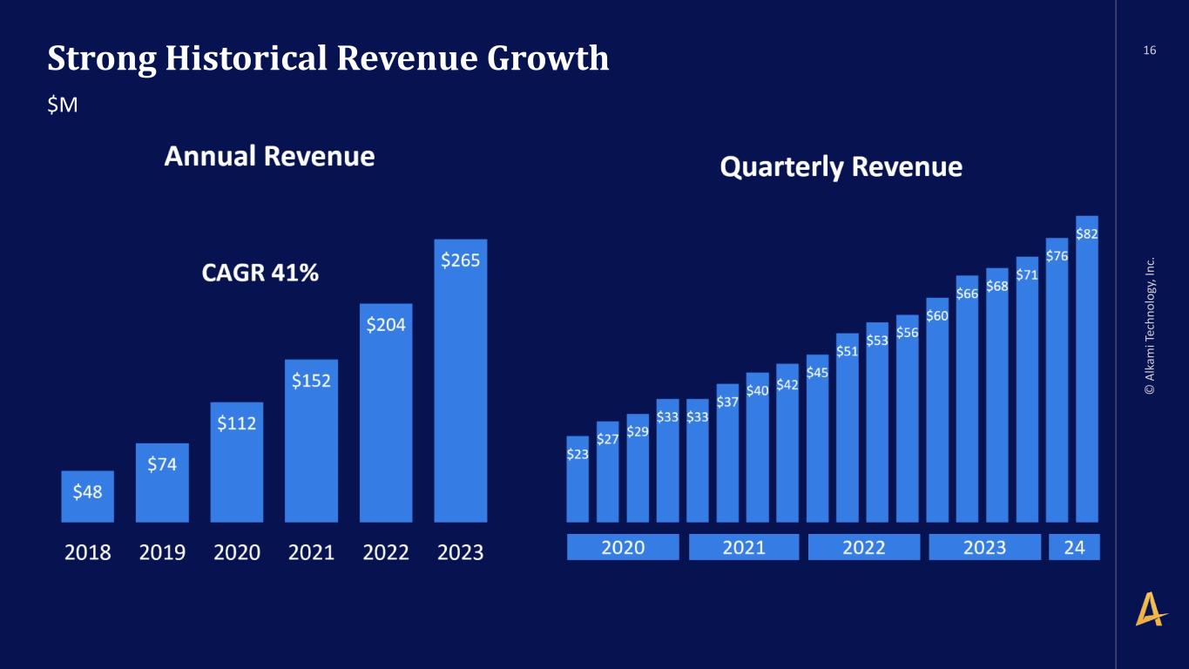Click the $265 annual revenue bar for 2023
click(x=460, y=381)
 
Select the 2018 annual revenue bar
click(x=88, y=497)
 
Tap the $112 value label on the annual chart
click(x=237, y=423)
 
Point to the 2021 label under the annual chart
click(x=311, y=553)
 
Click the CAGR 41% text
click(x=260, y=273)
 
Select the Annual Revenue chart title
click(x=270, y=156)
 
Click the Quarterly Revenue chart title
click(x=841, y=166)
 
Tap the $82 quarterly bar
click(x=1087, y=369)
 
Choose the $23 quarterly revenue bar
click(x=578, y=479)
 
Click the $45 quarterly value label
click(x=817, y=373)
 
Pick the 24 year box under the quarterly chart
click(x=1074, y=547)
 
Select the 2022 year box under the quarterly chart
click(x=864, y=547)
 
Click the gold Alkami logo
click(x=1150, y=609)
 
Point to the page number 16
click(x=1150, y=51)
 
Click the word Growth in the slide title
click(x=548, y=58)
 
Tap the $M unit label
click(x=63, y=105)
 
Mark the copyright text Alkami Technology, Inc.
click(x=1150, y=326)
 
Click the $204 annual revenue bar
click(x=386, y=413)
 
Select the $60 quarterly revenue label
click(x=937, y=316)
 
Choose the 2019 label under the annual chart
click(x=162, y=553)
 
